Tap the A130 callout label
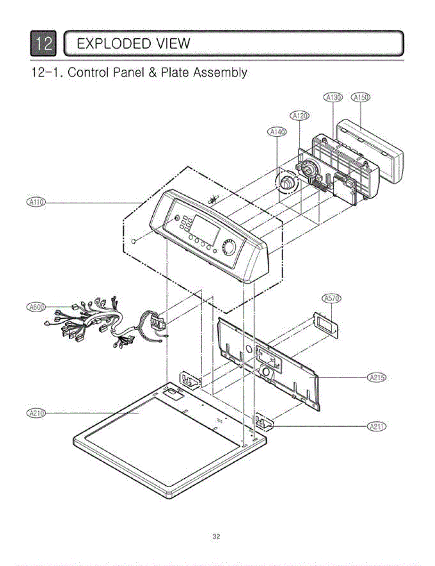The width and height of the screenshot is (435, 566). tap(333, 98)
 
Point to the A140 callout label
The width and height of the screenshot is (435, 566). tap(277, 132)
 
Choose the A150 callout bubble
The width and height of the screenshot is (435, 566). tap(361, 98)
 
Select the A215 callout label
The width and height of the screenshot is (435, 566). tap(376, 377)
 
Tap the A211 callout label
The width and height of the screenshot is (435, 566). tap(376, 426)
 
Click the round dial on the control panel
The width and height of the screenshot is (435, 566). tap(230, 248)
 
